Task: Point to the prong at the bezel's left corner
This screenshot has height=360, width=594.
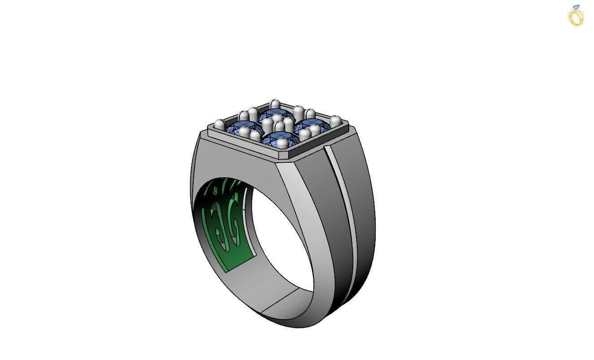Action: pos(219,124)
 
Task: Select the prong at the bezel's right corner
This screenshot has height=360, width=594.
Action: pos(335,120)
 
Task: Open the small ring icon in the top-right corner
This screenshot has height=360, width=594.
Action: pos(576,16)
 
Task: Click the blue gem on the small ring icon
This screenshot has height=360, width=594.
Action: pos(576,7)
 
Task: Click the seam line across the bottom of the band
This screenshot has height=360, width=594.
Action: pos(280,300)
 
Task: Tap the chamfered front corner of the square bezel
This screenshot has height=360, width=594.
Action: pos(287,158)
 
